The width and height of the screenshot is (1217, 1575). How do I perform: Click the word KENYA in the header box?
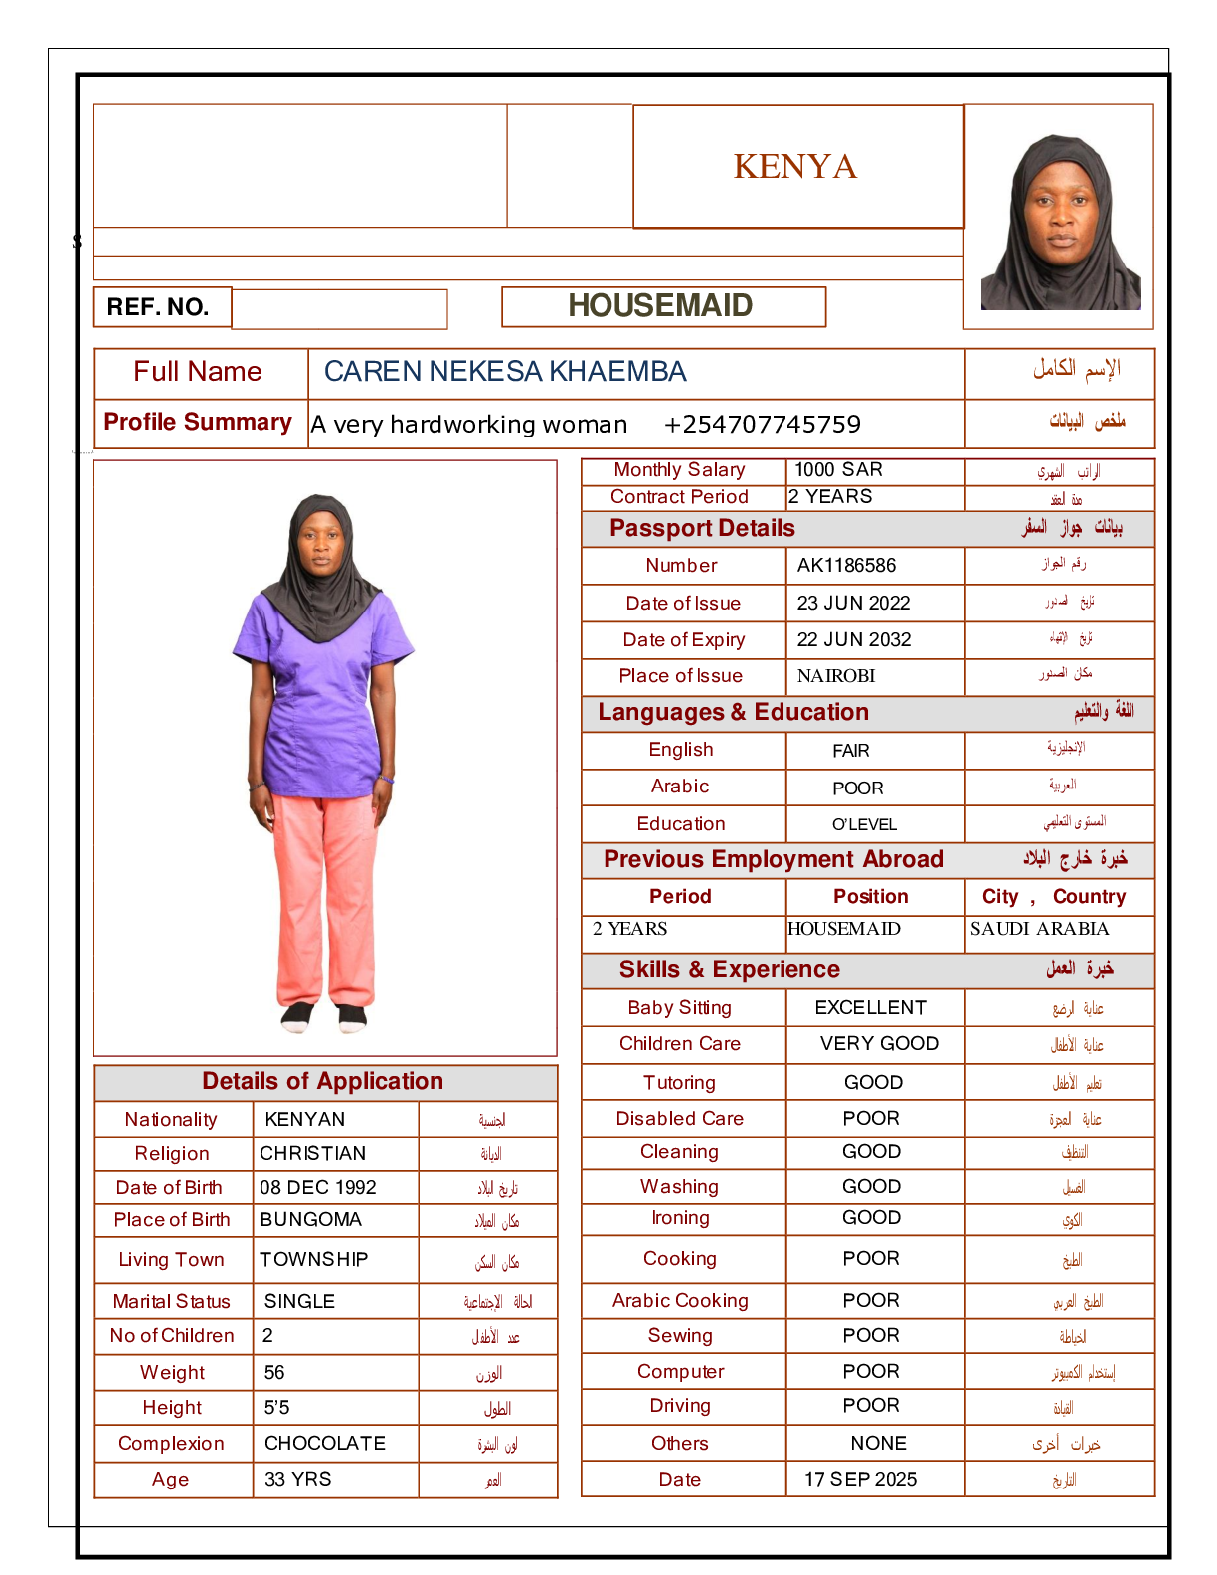point(795,167)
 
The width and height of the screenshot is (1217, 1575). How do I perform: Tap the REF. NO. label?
point(159,307)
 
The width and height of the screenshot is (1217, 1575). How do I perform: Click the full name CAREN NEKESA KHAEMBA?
point(505,372)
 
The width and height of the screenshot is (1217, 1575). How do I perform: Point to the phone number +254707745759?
point(762,425)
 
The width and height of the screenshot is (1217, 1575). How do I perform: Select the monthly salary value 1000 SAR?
point(838,470)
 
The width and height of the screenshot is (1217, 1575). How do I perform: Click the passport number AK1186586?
point(846,566)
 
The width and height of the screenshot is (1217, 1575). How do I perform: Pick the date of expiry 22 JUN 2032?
point(854,640)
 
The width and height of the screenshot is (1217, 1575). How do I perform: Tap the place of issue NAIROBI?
point(836,676)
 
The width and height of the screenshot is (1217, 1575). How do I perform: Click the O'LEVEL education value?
point(864,824)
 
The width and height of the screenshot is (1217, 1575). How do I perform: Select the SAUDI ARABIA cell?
point(1039,929)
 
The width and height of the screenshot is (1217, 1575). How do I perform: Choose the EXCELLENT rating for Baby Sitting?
point(870,1008)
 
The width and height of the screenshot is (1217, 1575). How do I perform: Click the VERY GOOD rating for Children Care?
point(879,1044)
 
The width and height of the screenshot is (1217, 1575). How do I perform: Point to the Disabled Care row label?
point(680,1119)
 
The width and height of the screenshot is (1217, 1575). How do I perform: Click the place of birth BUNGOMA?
point(310,1220)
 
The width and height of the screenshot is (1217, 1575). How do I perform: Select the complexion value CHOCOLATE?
point(325,1444)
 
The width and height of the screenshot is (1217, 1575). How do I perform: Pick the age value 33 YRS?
point(298,1480)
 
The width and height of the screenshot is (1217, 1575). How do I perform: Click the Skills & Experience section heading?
point(729,970)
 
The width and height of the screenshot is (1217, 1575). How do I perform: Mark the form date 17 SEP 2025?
point(860,1480)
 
